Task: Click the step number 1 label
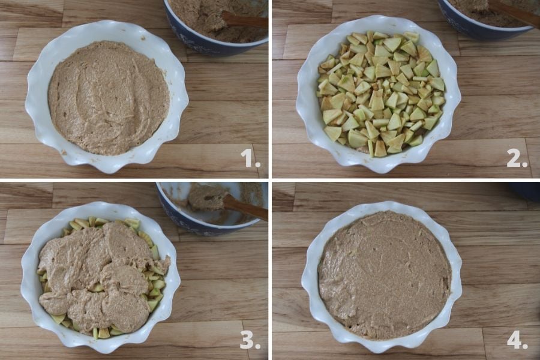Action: pyautogui.click(x=250, y=158)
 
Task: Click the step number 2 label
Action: pyautogui.click(x=517, y=158)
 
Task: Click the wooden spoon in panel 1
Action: pyautogui.click(x=244, y=20)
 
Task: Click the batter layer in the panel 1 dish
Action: pyautogui.click(x=109, y=97)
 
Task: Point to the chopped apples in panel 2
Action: pyautogui.click(x=381, y=94)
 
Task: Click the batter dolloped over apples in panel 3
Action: pyautogui.click(x=103, y=275)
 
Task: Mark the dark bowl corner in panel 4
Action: pyautogui.click(x=525, y=191)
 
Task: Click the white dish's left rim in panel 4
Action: pyautogui.click(x=310, y=275)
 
